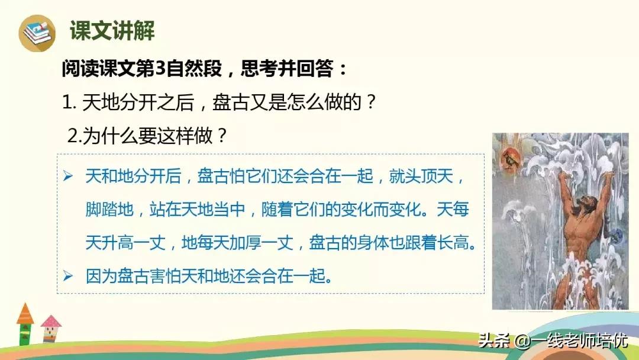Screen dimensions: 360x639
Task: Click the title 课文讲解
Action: click(112, 31)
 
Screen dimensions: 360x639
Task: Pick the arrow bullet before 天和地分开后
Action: click(68, 176)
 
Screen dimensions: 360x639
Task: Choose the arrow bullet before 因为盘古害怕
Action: click(68, 276)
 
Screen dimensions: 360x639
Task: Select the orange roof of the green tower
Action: click(25, 314)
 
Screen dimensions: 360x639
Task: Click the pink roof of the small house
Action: click(51, 322)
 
